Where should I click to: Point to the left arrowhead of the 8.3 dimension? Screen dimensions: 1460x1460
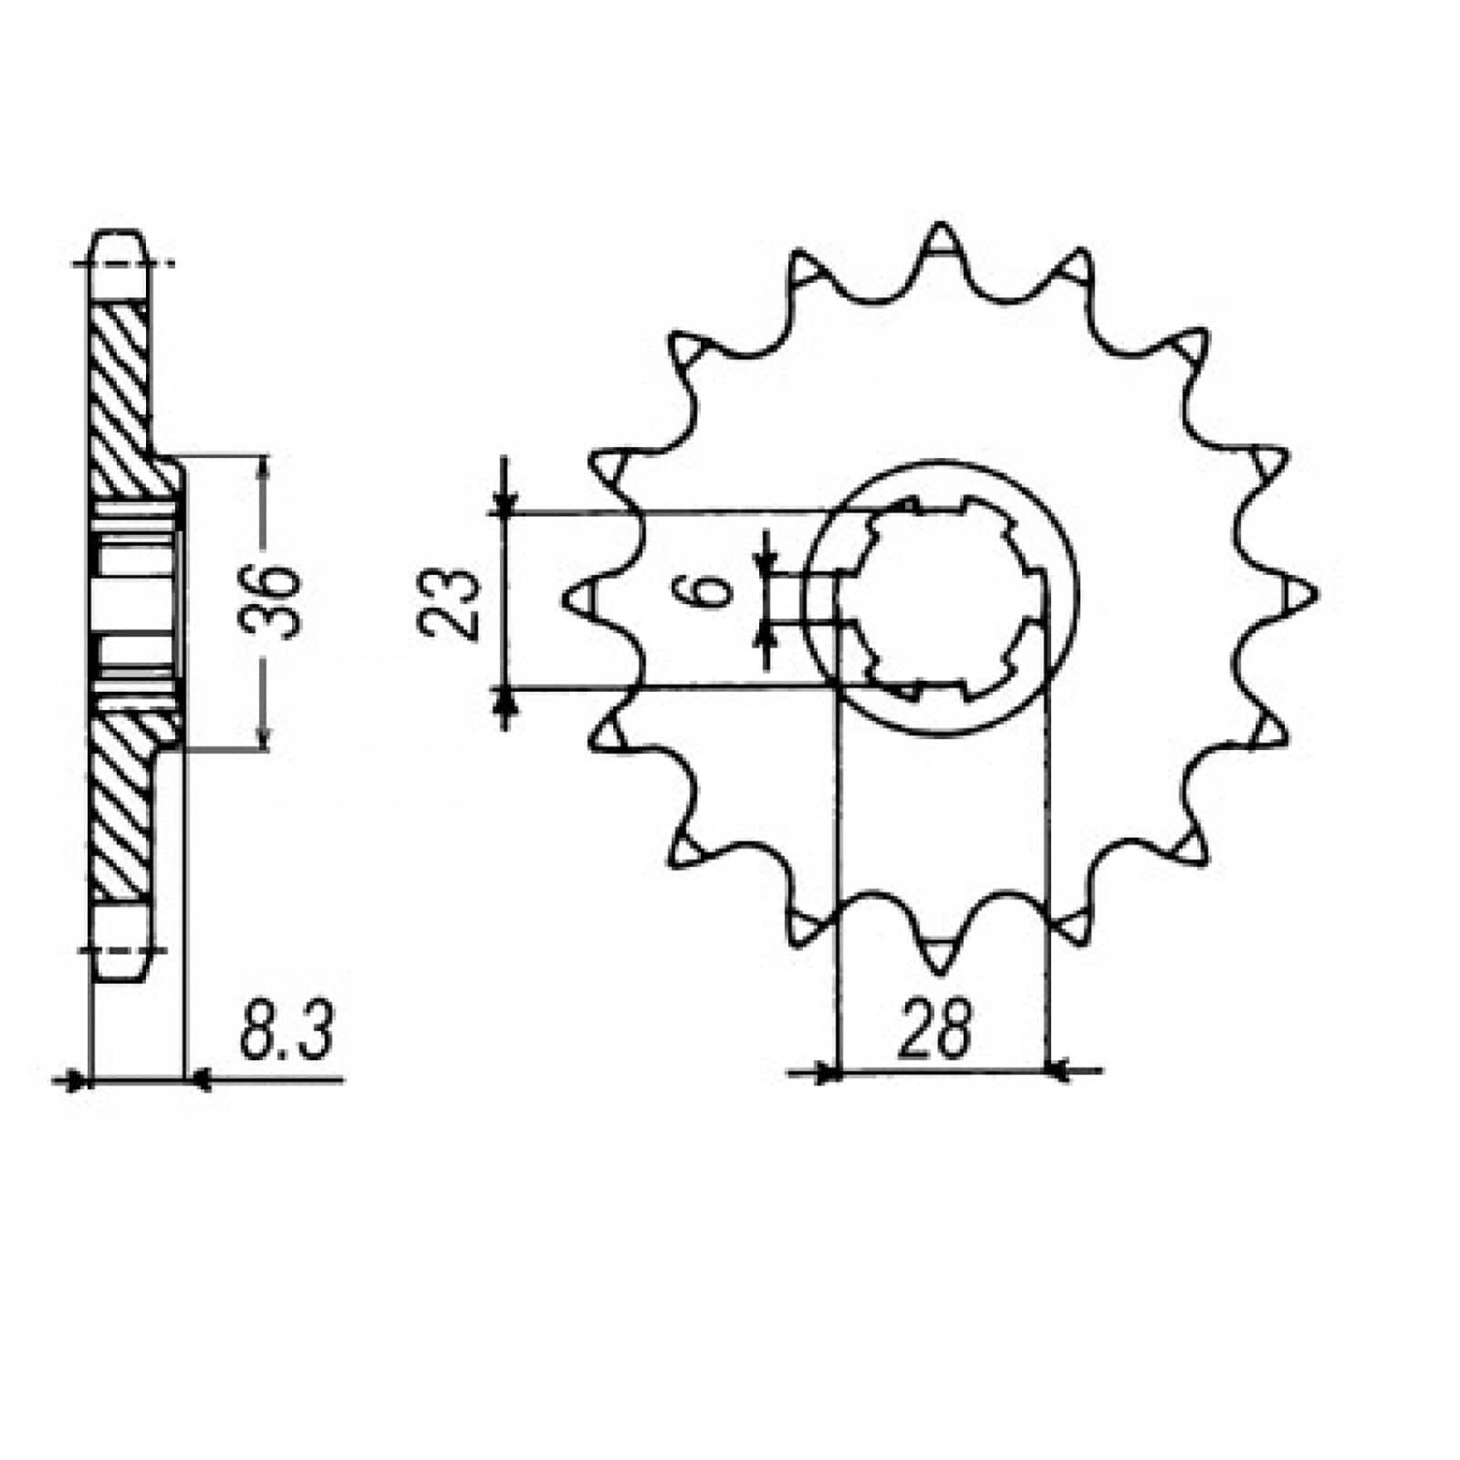pyautogui.click(x=77, y=1081)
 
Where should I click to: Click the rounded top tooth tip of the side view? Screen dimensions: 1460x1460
pyautogui.click(x=119, y=239)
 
